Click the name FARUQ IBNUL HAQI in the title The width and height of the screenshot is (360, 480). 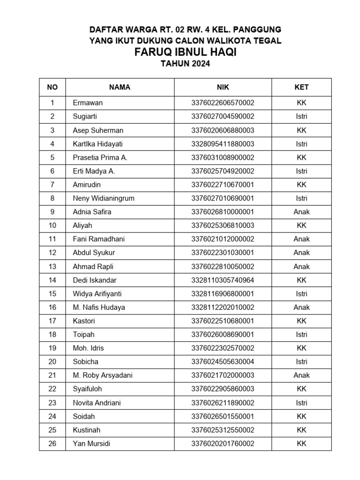(x=185, y=52)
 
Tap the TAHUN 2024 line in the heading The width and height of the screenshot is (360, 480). (x=185, y=65)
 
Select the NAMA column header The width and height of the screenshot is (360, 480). (x=120, y=87)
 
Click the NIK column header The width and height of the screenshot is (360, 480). (x=223, y=87)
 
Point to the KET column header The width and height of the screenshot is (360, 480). (x=301, y=87)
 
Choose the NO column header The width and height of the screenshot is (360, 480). (x=52, y=87)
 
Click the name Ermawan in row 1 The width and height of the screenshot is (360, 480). (x=88, y=103)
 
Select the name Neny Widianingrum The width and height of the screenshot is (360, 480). (x=104, y=198)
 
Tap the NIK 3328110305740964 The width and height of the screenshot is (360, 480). (x=223, y=280)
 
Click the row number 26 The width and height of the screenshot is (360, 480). (x=52, y=443)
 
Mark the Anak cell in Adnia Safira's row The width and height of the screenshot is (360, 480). (x=301, y=212)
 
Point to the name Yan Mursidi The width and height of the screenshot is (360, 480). (x=91, y=443)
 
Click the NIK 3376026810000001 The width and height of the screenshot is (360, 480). (x=223, y=212)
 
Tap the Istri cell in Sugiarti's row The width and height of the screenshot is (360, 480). (x=301, y=116)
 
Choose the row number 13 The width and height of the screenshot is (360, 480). (x=52, y=267)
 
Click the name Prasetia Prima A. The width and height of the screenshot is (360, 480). (x=100, y=157)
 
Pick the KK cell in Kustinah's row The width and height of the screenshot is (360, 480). (x=301, y=430)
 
